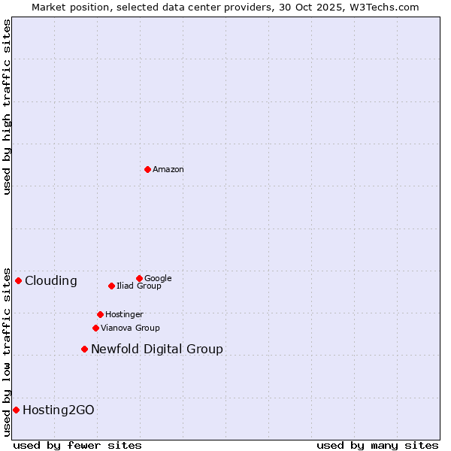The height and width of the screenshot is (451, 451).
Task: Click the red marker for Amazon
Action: coord(147,169)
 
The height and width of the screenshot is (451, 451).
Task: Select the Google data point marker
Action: coord(139,278)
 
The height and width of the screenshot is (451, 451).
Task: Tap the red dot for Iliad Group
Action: coord(111,286)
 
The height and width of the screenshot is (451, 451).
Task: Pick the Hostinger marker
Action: coord(100,314)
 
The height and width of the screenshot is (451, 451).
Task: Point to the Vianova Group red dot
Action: coord(95,328)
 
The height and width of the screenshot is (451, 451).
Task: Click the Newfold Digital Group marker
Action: coord(84,349)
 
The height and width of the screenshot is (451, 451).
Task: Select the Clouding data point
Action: coord(18,280)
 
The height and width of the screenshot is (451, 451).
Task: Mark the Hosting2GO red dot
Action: coord(16,410)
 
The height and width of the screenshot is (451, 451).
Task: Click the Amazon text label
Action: coord(168,170)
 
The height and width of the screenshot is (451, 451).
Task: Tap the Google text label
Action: coord(158,279)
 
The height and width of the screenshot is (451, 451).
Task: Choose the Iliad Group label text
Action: coord(139,286)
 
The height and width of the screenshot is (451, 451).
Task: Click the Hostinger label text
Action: coord(124,315)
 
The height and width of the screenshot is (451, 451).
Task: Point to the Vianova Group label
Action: coord(130,328)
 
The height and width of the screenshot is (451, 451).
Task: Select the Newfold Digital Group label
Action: coord(157,350)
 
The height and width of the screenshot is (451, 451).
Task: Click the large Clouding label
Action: coord(51,281)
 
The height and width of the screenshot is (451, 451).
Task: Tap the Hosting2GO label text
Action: coord(59,410)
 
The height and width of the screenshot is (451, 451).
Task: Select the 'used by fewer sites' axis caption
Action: coord(77,446)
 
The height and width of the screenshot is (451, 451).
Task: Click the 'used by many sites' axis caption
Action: coord(377,446)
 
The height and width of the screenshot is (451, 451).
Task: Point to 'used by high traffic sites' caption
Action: coord(7,107)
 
